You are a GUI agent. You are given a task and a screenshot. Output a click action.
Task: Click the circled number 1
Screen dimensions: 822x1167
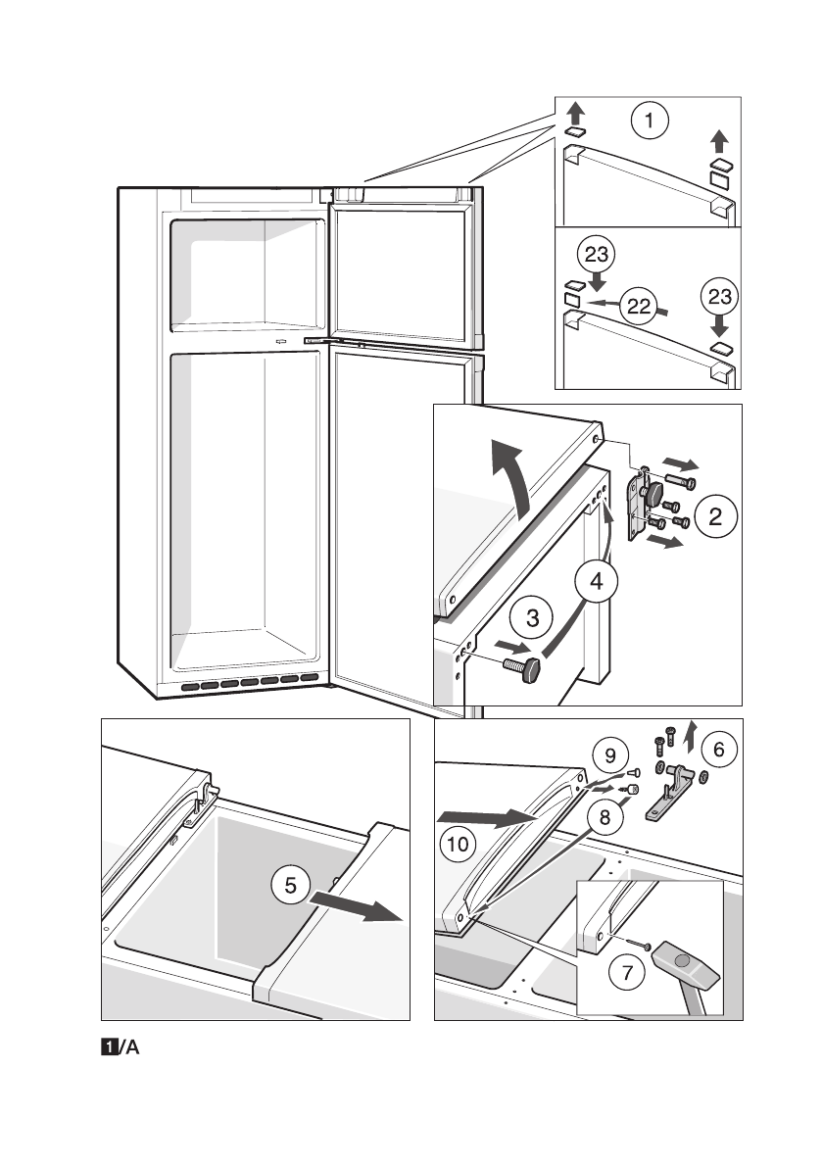[x=650, y=120]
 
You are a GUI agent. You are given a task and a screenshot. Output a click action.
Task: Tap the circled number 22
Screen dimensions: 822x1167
[x=638, y=305]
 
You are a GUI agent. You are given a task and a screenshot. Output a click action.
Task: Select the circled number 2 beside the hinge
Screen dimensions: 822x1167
[x=715, y=516]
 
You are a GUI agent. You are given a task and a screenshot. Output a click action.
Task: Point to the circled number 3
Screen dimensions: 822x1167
[x=597, y=581]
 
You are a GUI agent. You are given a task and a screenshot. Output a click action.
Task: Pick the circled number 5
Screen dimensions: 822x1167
[x=718, y=749]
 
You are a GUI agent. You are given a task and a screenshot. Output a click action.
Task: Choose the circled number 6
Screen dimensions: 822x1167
[x=627, y=972]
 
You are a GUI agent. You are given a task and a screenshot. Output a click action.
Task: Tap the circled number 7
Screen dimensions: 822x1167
[x=604, y=817]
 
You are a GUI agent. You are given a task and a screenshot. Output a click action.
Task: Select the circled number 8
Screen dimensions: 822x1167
[x=610, y=756]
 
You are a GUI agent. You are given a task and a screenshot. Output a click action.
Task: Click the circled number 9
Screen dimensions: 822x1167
[x=458, y=844]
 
